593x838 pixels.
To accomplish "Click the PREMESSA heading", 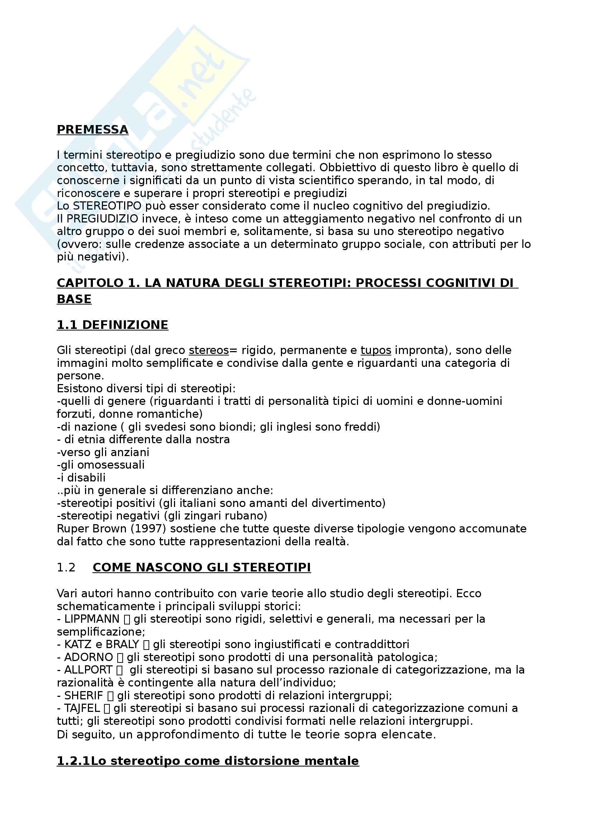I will point(93,130).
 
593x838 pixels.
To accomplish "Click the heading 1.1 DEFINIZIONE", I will point(113,325).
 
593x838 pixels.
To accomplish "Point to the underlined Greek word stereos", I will point(209,350).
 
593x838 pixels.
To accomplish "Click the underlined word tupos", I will point(376,350).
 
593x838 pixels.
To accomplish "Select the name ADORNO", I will point(88,657).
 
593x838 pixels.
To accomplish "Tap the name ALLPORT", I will point(88,670).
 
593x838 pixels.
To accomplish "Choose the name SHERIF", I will point(84,695).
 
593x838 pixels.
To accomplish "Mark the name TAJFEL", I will point(82,708).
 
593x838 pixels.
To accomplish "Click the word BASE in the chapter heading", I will point(74,299).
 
